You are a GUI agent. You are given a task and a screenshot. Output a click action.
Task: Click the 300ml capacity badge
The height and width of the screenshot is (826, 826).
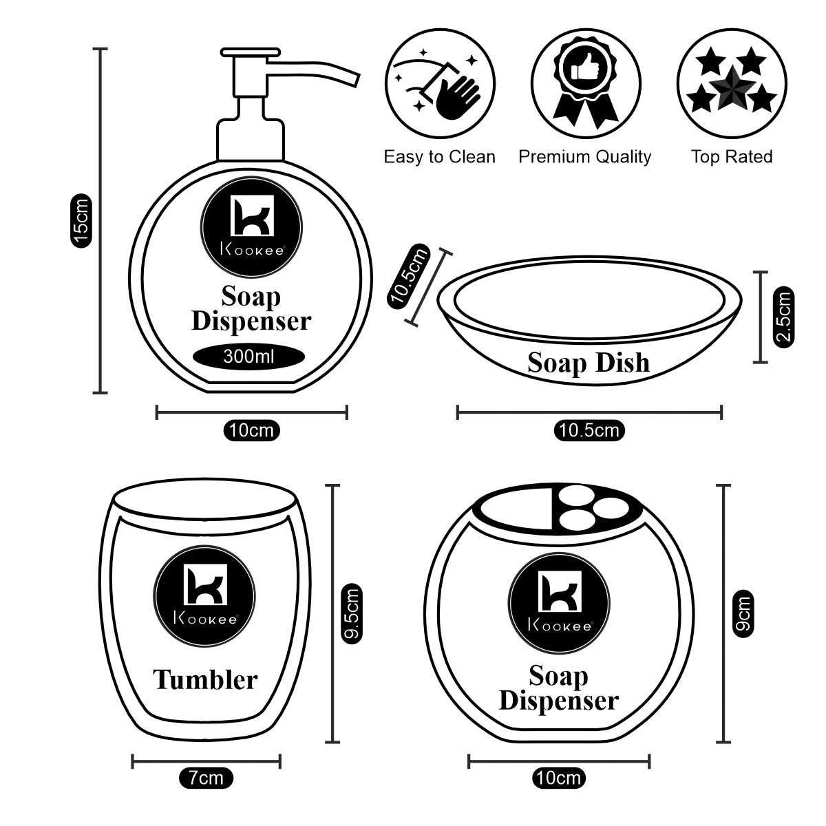tap(248, 357)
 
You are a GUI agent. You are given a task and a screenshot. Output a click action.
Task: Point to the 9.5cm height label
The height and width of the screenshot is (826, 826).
tap(351, 613)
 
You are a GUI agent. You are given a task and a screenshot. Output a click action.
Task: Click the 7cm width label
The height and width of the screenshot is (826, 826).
tap(206, 779)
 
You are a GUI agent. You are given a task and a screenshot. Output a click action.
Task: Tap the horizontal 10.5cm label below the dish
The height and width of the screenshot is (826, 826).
tap(589, 431)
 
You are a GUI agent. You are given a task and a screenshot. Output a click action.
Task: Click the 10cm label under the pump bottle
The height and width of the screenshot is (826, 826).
tap(251, 431)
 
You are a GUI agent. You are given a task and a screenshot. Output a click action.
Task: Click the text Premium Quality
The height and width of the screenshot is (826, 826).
tap(584, 157)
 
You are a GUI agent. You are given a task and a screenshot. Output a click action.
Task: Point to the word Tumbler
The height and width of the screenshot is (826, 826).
tap(205, 680)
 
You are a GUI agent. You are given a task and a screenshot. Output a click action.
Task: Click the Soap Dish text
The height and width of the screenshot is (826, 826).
tap(589, 363)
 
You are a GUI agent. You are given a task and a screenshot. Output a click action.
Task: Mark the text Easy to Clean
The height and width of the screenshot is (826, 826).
tap(439, 157)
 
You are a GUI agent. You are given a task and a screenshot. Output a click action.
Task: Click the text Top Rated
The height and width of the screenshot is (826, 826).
tap(731, 157)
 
